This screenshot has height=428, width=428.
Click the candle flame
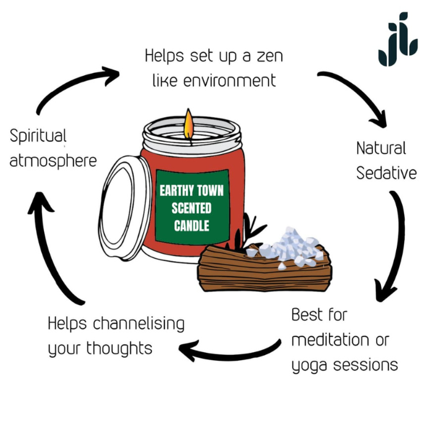tap(189, 124)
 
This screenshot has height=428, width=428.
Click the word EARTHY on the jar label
tap(174, 190)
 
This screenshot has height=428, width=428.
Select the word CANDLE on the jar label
tap(191, 226)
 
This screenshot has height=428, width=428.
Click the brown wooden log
tap(263, 269)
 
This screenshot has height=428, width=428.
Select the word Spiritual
tap(38, 135)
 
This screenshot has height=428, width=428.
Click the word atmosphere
tap(53, 161)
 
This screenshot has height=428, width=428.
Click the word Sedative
tap(386, 173)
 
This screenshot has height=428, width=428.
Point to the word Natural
tap(381, 148)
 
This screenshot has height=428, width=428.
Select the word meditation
tap(330, 340)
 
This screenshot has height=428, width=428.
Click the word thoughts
tap(119, 349)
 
